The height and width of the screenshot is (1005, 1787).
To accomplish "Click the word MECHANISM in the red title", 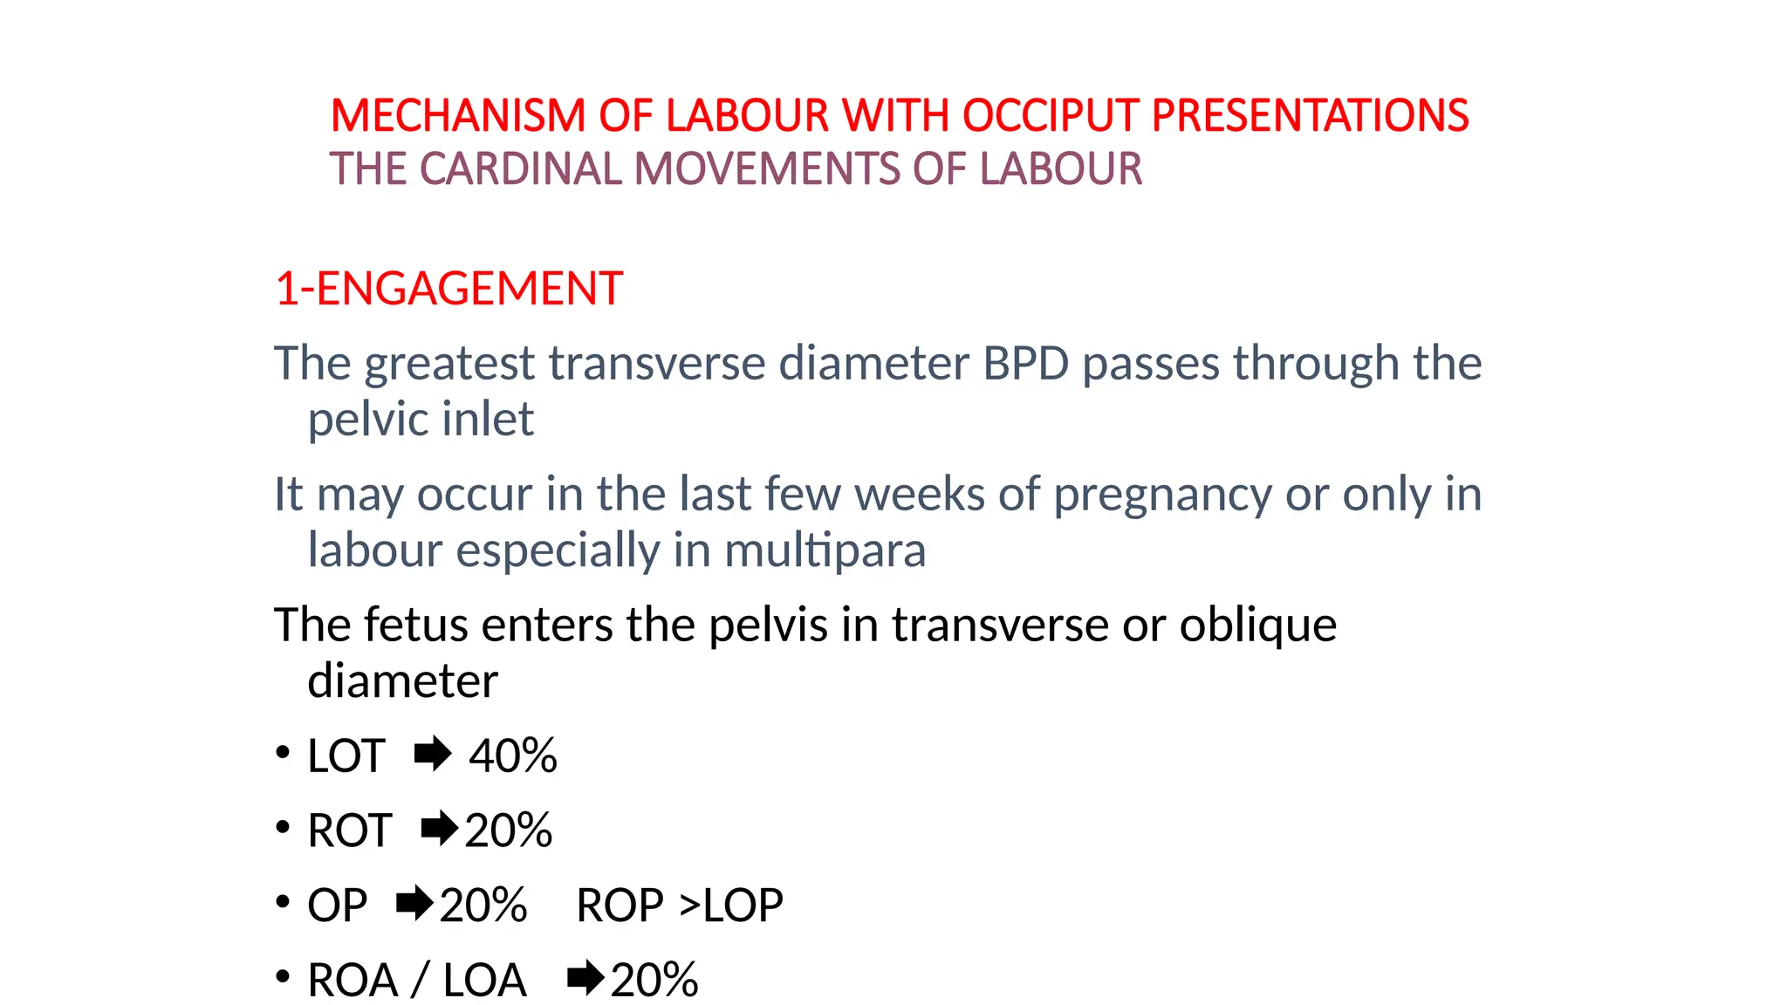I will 457,116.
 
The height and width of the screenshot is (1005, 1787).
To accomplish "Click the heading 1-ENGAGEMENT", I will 448,289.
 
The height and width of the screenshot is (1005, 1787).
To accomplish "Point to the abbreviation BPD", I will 1025,363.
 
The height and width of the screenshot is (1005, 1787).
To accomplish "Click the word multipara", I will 825,550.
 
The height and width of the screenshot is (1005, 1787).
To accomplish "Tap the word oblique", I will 1257,625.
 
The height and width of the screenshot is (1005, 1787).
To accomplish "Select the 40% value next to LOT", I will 512,755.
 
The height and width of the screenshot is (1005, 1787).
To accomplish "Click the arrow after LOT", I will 433,755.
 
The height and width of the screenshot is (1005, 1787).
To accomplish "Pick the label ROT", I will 349,831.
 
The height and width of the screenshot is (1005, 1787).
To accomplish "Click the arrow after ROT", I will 439,829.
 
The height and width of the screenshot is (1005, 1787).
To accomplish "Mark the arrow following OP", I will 414,904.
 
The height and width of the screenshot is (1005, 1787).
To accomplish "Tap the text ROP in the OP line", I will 620,906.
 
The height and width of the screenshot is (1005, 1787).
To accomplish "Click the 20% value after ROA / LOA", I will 654,981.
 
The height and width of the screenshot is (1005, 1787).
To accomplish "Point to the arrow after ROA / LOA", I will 585,979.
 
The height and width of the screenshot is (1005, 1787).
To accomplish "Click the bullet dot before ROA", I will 282,977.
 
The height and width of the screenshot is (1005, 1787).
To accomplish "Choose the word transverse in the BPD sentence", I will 657,363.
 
